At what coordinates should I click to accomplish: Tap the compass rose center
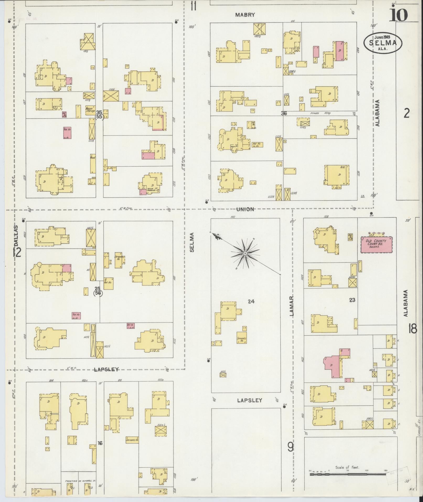244,253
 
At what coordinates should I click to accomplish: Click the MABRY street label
245,15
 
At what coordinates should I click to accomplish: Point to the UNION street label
245,209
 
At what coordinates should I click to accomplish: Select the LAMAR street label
292,306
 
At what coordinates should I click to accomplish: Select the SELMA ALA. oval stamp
383,43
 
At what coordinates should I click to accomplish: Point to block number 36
284,113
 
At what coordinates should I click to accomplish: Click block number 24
251,302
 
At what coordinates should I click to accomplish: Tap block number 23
352,300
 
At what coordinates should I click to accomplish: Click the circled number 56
98,293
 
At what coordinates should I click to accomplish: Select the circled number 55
99,117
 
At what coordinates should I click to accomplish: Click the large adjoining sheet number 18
413,329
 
